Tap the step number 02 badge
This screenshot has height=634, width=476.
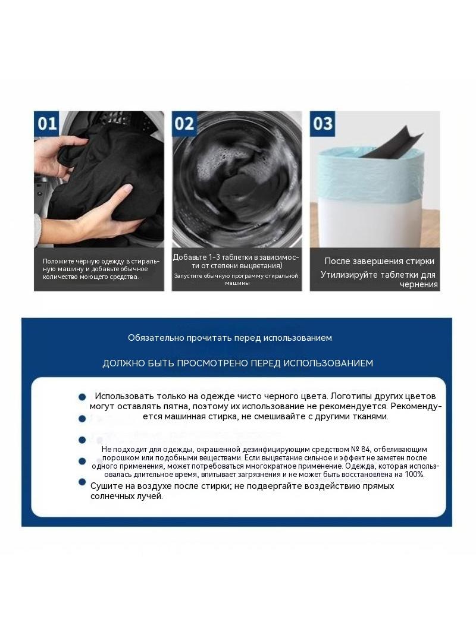tap(184, 123)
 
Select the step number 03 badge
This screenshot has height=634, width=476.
tap(322, 123)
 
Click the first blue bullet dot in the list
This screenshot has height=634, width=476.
tap(82, 397)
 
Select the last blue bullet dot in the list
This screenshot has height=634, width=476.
tap(82, 482)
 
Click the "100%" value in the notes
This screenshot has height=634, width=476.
tap(415, 475)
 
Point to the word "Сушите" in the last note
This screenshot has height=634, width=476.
tap(104, 486)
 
